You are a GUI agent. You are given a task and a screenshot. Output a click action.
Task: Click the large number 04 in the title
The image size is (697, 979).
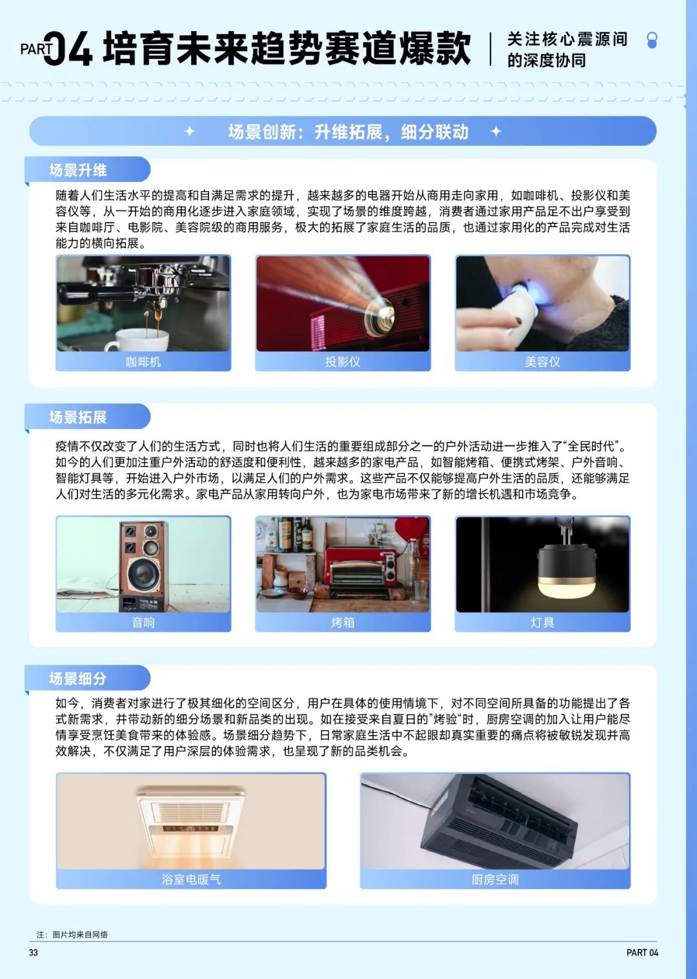[x=68, y=48]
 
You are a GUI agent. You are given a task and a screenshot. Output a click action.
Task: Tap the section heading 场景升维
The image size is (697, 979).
[x=78, y=170]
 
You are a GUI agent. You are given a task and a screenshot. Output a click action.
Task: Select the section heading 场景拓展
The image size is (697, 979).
[x=78, y=417]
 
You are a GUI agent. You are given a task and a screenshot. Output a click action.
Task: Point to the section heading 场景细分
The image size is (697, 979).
[x=78, y=678]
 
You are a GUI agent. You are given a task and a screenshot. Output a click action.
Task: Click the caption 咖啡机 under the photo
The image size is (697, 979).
[x=143, y=362]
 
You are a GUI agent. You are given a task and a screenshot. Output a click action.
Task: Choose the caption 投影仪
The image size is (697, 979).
[x=343, y=362]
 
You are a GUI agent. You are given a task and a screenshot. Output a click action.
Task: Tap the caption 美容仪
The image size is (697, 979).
[x=542, y=362]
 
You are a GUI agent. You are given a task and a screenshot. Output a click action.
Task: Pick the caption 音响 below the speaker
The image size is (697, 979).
[x=143, y=622]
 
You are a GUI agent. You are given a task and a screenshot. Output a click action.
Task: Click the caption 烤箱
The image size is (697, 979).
[x=343, y=622]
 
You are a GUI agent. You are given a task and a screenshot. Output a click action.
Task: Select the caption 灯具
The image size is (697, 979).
[x=542, y=622]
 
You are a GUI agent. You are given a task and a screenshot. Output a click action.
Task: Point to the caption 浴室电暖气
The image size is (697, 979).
[x=191, y=880]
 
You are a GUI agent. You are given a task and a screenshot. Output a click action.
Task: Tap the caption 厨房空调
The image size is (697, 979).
[x=495, y=880]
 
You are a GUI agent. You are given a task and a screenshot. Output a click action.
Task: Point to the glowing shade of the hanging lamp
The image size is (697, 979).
[x=566, y=587]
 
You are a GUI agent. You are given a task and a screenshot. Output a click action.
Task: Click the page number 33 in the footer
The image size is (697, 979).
[x=34, y=953]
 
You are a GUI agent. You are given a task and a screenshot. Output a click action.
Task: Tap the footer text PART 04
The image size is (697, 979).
[x=642, y=953]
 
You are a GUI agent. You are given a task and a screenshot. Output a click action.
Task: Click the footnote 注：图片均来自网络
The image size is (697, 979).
[x=72, y=934]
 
